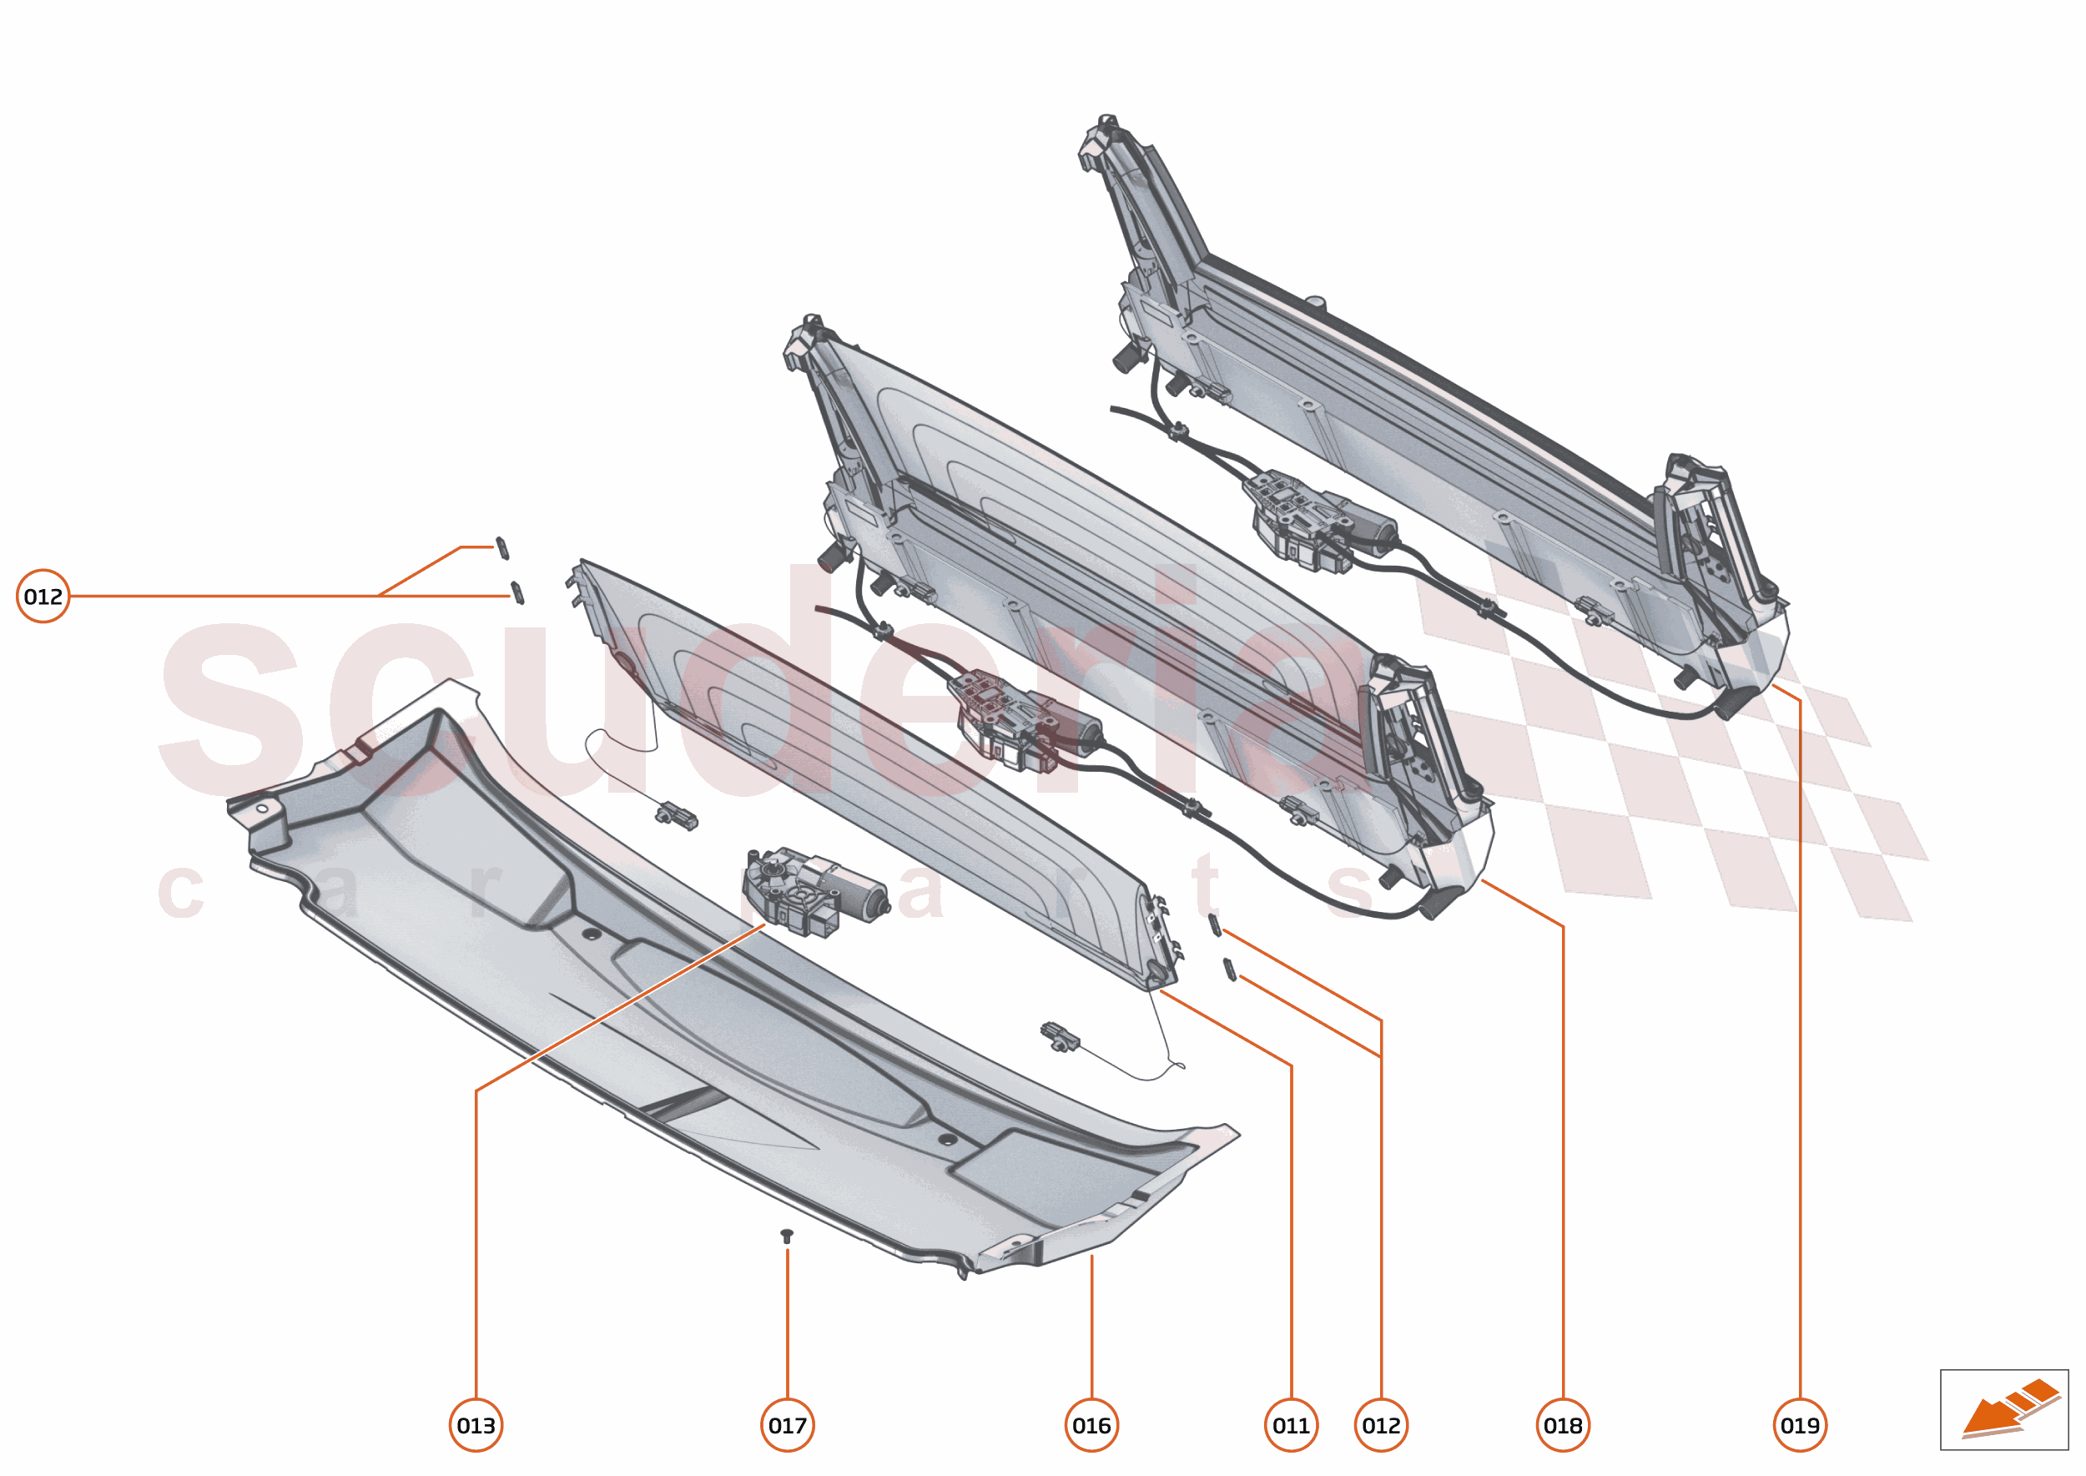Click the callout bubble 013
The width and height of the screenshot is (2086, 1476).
click(476, 1425)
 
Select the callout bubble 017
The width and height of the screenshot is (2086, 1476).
click(787, 1425)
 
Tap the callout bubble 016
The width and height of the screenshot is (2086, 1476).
click(1091, 1425)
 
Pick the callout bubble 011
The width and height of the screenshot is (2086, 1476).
click(1291, 1425)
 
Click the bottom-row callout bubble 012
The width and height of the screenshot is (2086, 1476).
click(1381, 1425)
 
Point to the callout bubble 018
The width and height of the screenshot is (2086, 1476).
click(1563, 1425)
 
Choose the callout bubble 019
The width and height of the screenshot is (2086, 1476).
click(1800, 1425)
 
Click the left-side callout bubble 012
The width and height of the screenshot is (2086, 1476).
click(43, 597)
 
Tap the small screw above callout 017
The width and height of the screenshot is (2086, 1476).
click(787, 1236)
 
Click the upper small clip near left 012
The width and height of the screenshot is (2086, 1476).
click(501, 549)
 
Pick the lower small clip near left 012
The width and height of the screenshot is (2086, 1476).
click(517, 592)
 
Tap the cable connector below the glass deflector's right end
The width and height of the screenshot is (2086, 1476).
click(1060, 1037)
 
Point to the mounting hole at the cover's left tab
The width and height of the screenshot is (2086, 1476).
click(263, 808)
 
